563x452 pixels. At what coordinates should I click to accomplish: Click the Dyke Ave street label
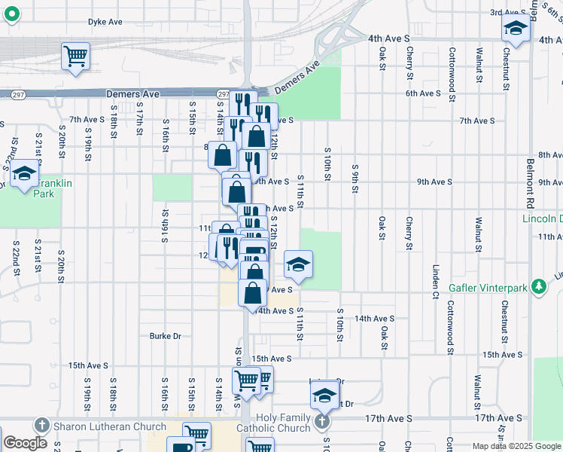(105, 23)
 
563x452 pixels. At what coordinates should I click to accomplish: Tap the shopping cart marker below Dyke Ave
(75, 56)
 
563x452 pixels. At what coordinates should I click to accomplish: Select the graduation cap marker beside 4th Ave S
(516, 29)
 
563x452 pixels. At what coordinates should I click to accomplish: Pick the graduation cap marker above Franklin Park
(24, 174)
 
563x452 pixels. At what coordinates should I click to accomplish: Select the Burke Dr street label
(166, 336)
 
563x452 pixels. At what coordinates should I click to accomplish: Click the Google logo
(26, 443)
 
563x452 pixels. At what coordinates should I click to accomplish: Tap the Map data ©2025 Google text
(516, 446)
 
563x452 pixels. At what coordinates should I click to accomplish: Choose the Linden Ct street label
(436, 280)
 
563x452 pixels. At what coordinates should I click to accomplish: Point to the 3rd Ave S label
(507, 13)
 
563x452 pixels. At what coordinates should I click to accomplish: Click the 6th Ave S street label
(423, 93)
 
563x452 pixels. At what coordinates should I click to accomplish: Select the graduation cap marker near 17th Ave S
(324, 395)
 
